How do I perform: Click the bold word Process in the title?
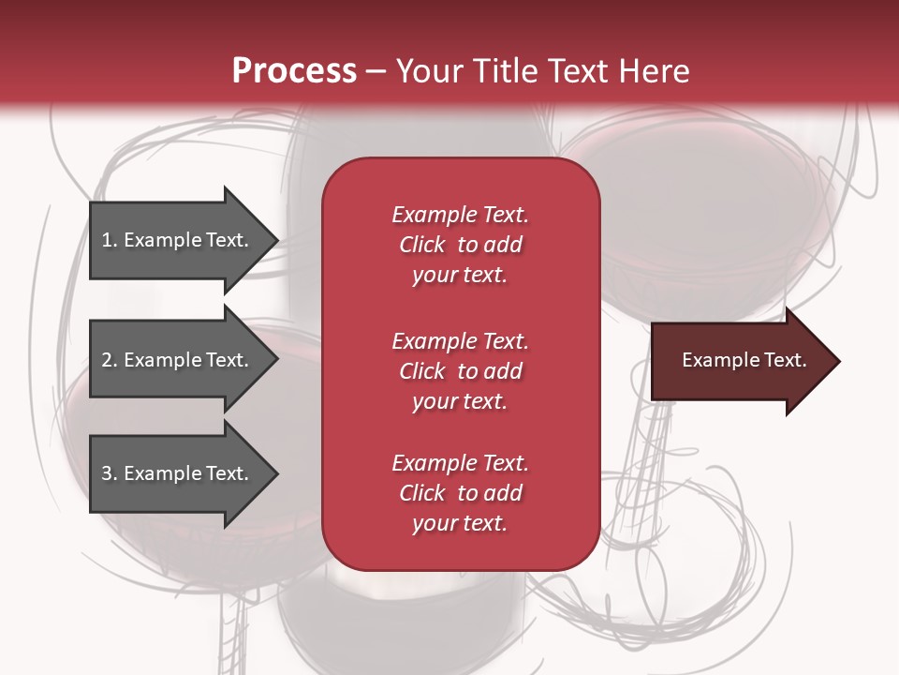pyautogui.click(x=294, y=71)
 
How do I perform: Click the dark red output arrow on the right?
pyautogui.click(x=740, y=361)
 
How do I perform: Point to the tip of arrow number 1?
pyautogui.click(x=276, y=240)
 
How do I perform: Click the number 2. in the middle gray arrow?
pyautogui.click(x=110, y=360)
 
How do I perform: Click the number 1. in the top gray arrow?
pyautogui.click(x=110, y=240)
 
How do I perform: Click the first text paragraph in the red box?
pyautogui.click(x=460, y=245)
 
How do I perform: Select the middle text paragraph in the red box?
pyautogui.click(x=460, y=371)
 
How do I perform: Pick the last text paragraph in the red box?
pyautogui.click(x=460, y=493)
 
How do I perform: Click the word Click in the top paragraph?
pyautogui.click(x=421, y=245)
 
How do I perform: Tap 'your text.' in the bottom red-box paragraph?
pyautogui.click(x=460, y=523)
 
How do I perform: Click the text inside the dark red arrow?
pyautogui.click(x=744, y=360)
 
